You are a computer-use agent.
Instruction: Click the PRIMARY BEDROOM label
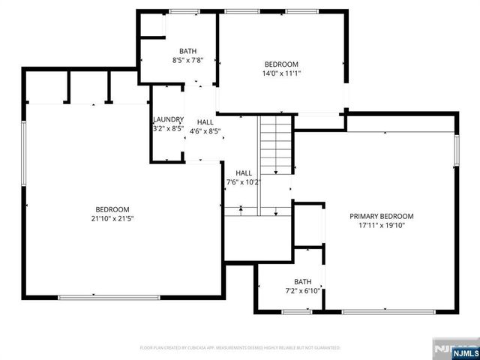coord(381,216)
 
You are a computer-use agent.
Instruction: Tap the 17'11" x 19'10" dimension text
coord(381,225)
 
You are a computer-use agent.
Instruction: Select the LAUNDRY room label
coord(168,120)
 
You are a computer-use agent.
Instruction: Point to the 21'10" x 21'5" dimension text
coord(112,218)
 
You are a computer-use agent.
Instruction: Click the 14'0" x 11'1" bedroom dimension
coord(281,73)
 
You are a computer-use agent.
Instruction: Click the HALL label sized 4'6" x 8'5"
coord(205,122)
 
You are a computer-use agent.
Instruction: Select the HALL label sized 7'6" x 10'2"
coord(243,172)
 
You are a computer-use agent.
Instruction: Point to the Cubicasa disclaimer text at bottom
coord(240,348)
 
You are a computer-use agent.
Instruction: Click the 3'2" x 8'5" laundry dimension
coord(168,128)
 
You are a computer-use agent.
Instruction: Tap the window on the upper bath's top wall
coord(179,11)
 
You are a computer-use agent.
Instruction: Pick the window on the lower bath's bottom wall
coord(297,311)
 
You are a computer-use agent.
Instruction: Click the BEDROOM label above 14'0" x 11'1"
coord(281,64)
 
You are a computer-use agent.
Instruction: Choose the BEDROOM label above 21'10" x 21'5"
coord(112,209)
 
